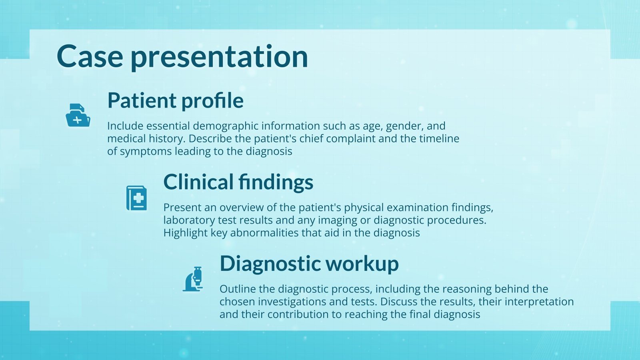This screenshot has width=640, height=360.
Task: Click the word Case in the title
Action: tap(90, 56)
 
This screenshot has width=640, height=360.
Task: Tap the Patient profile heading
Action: tap(175, 100)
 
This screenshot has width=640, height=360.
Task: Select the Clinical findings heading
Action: tap(238, 182)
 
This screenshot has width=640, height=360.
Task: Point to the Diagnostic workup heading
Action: tap(309, 264)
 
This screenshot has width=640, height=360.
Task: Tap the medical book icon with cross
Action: tap(136, 198)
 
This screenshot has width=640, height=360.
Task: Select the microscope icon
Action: tap(193, 279)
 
